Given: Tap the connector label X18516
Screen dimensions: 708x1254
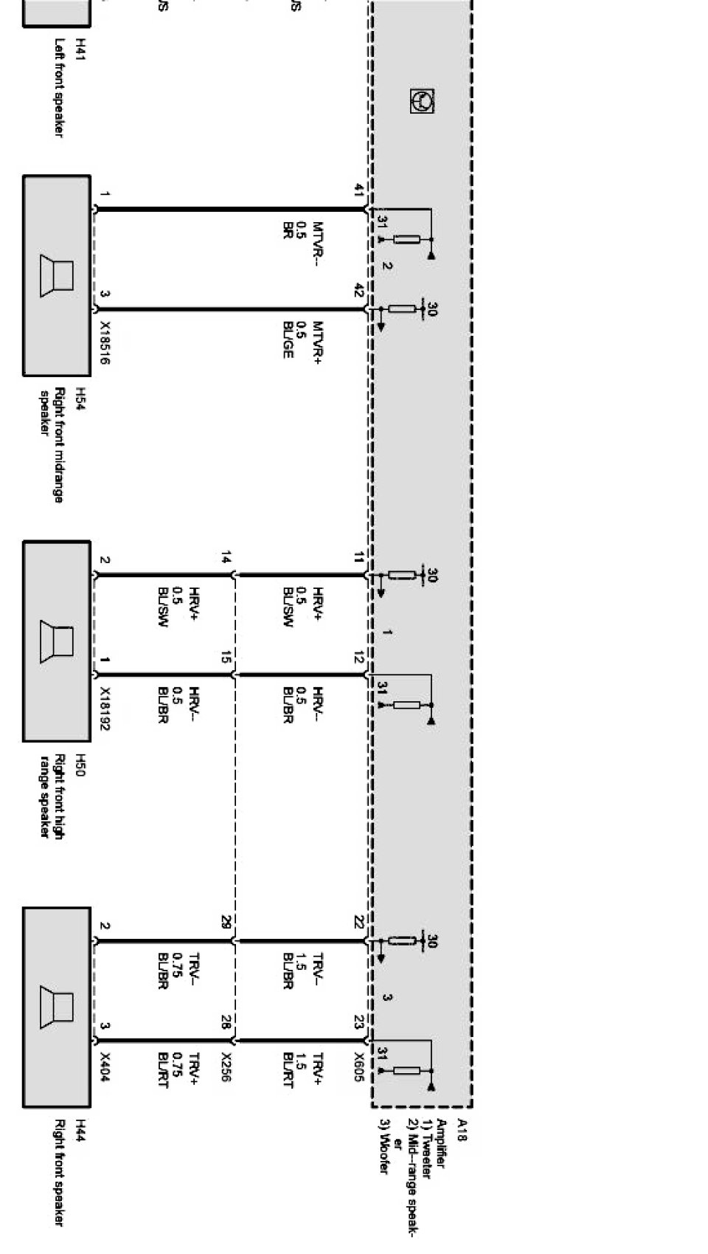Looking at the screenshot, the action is click(x=105, y=342).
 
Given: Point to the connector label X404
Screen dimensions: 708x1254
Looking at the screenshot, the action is click(x=105, y=1067).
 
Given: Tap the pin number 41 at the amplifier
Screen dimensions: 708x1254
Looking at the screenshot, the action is click(x=358, y=190).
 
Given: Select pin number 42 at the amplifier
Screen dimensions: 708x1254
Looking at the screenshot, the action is click(x=358, y=290).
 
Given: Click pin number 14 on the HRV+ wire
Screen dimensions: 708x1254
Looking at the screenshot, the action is click(x=226, y=558).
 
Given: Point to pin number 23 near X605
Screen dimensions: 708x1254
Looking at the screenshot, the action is click(x=358, y=1022).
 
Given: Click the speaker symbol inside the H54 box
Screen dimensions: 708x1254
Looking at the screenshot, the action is click(x=58, y=275).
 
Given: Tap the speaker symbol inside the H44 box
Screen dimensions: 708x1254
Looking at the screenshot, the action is click(x=58, y=1007).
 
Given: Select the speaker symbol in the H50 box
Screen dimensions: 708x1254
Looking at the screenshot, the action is click(x=58, y=641).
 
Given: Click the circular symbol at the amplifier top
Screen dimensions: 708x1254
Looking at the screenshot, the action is click(x=422, y=101).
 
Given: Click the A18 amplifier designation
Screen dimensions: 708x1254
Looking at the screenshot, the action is click(x=462, y=1130).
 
